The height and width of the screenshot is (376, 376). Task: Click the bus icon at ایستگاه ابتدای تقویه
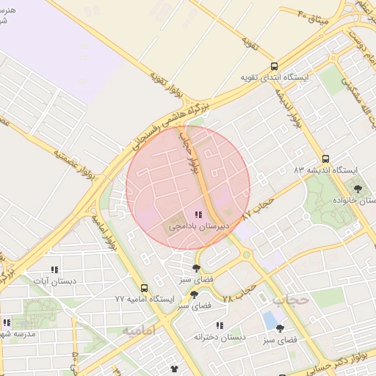tap(275, 66)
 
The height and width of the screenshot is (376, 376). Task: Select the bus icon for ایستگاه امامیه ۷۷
tap(144, 289)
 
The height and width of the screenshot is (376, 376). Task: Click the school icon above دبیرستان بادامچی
tap(198, 214)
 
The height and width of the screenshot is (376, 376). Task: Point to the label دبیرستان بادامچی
tap(199, 227)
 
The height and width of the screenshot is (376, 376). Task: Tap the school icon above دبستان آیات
tap(53, 270)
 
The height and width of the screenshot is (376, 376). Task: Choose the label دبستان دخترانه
tap(218, 336)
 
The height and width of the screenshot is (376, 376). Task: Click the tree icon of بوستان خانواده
tap(358, 189)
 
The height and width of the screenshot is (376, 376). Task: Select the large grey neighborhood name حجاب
tap(288, 300)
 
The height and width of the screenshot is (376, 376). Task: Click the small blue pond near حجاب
tap(270, 320)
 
